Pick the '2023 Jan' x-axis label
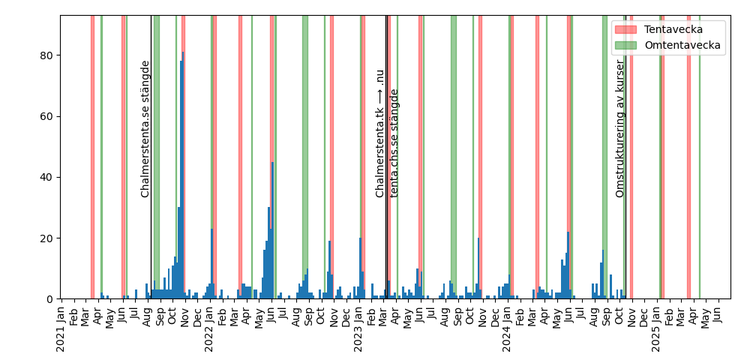click(x=358, y=330)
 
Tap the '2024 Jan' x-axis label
click(x=507, y=330)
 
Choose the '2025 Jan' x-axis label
click(x=655, y=330)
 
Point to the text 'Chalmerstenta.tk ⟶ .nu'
click(x=380, y=133)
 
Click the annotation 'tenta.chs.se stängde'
click(x=394, y=143)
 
